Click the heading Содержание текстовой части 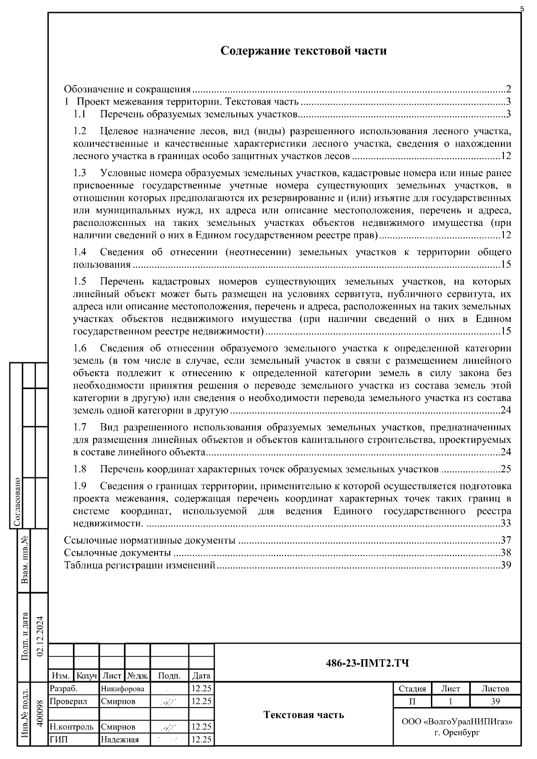pos(303,51)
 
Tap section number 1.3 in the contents pos(80,173)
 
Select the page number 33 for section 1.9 pos(506,523)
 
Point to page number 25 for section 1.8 pos(506,469)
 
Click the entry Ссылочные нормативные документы pos(149,540)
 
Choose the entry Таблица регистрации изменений pos(140,565)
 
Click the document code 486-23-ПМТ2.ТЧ pos(367,663)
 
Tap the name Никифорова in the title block pos(123,689)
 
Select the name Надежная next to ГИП pos(119,739)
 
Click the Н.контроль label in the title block pos(72,727)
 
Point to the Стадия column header pos(412,689)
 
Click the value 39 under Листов pos(495,701)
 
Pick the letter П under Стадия pos(412,701)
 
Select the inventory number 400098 pos(39,714)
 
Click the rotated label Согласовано pos(17,502)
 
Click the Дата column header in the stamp pos(201,676)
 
